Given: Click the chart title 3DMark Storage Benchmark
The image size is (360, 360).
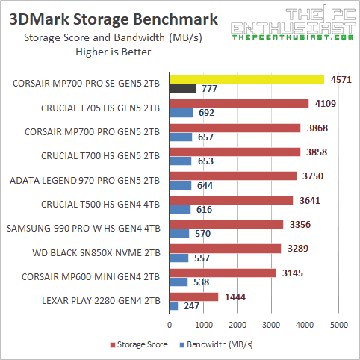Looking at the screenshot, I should click(x=114, y=19).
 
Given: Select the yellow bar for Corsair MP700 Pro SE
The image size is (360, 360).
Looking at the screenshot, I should click(x=247, y=79).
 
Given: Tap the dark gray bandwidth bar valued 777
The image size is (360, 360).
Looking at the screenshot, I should click(x=183, y=89).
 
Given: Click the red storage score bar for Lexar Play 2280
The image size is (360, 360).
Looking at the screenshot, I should click(x=194, y=297).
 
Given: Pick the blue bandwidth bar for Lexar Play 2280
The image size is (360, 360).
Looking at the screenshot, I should click(x=174, y=306).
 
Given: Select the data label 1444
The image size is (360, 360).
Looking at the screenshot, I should click(x=233, y=297).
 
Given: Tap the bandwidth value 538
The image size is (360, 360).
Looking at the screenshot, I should click(x=202, y=282).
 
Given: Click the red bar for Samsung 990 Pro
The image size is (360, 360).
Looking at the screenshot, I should click(x=226, y=224).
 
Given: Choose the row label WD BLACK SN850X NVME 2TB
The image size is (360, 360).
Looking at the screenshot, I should click(x=97, y=252).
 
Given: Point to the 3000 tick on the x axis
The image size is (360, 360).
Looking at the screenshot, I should click(x=271, y=325).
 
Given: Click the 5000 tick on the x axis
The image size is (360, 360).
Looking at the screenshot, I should click(x=338, y=325).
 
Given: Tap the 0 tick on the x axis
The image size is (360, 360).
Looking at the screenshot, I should click(x=170, y=325).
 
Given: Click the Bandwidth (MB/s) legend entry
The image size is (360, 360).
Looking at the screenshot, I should click(x=216, y=346).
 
